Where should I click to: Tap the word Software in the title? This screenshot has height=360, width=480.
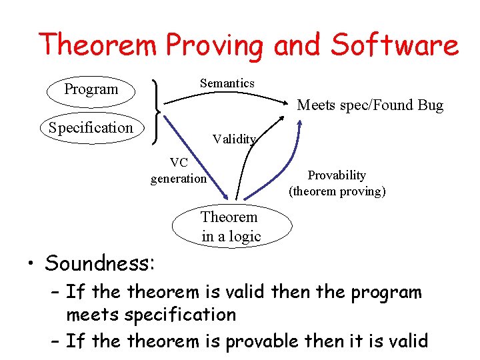(395, 45)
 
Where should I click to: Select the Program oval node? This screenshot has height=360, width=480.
(91, 89)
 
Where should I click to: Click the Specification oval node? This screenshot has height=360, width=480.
(91, 128)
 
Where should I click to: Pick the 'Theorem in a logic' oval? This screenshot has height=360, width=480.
(231, 227)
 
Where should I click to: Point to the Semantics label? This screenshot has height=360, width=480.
(227, 83)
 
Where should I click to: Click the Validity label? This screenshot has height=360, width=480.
(233, 139)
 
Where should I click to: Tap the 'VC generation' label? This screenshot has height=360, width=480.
(178, 171)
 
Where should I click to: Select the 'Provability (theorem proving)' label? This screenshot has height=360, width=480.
(337, 183)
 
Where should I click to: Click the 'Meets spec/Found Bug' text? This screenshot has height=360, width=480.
(369, 105)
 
